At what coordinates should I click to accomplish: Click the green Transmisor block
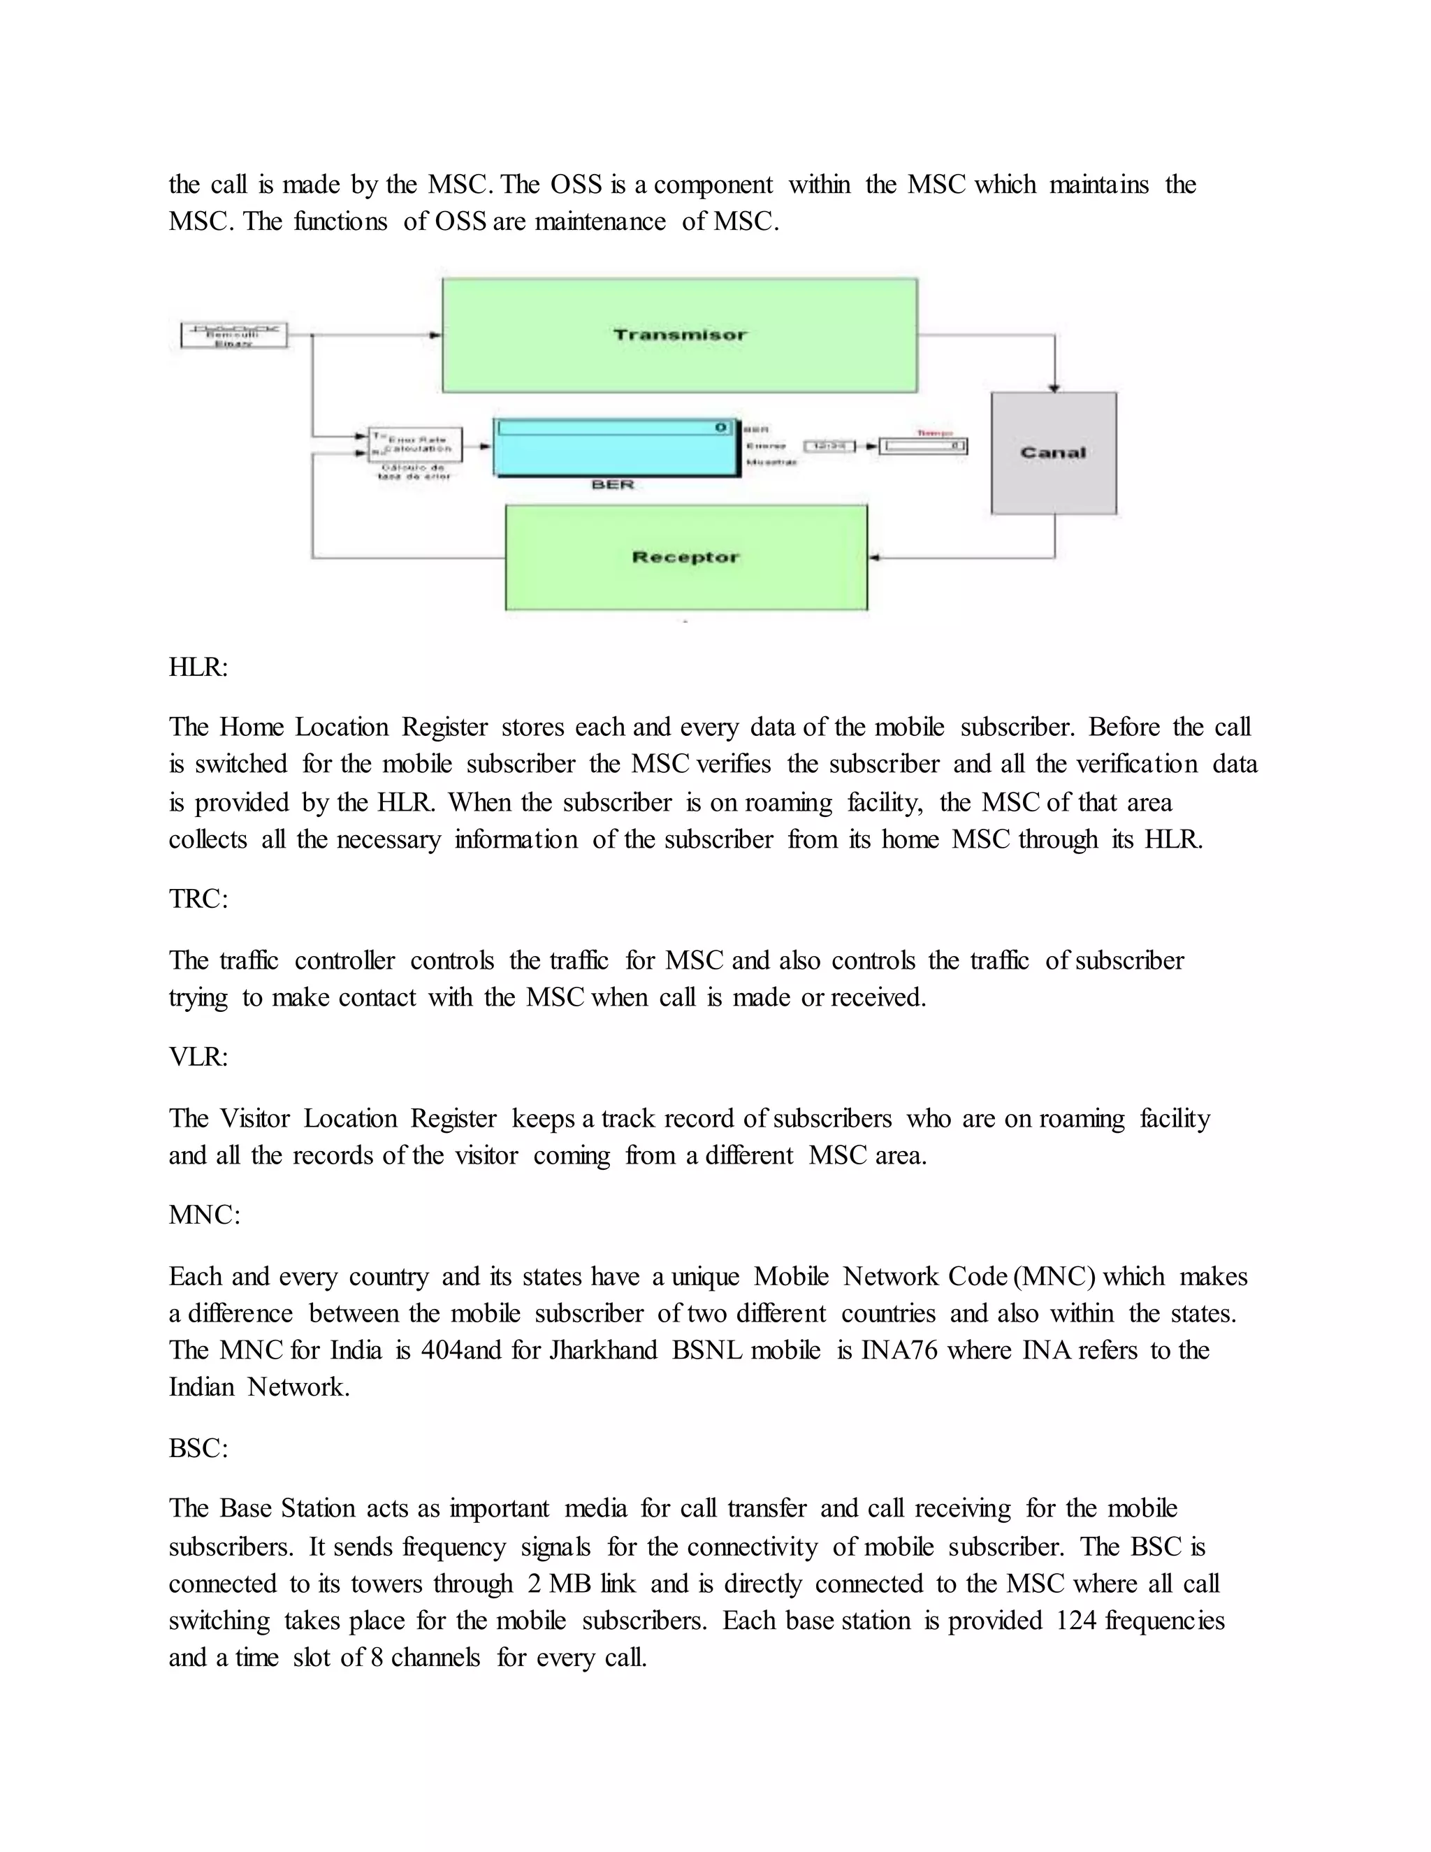tap(679, 335)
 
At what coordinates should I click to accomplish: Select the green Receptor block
tap(686, 557)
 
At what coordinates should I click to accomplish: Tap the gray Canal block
tap(1054, 453)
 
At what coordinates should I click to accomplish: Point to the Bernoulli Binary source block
tap(234, 335)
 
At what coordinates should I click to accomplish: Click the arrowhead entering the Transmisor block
tap(435, 335)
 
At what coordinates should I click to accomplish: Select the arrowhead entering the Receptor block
tap(875, 558)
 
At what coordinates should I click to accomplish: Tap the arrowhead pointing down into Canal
tap(1054, 388)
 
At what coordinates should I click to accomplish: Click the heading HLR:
tap(198, 667)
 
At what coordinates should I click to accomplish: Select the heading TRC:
tap(198, 899)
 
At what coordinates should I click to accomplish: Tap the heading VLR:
tap(198, 1057)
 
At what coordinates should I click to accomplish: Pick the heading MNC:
tap(204, 1215)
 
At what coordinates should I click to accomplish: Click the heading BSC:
tap(198, 1448)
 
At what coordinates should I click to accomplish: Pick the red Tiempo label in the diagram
tap(934, 433)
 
